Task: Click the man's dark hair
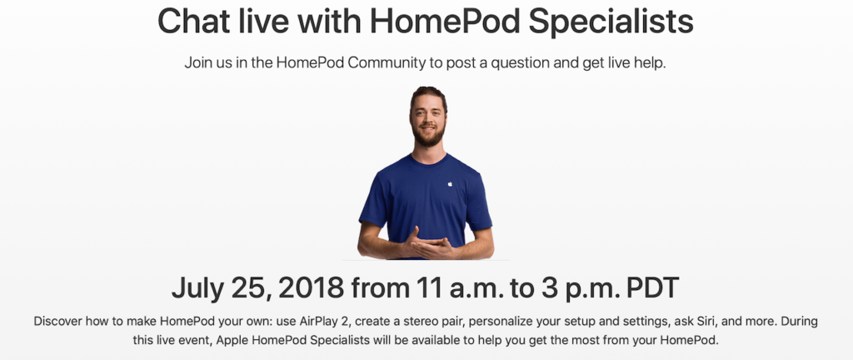click(428, 94)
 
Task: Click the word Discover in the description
click(62, 321)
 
